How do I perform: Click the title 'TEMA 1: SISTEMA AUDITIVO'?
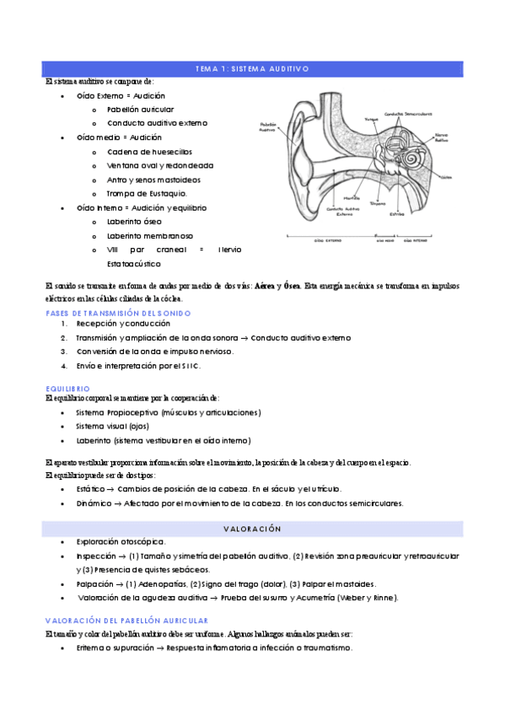[252, 68]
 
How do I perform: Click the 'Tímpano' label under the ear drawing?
[378, 203]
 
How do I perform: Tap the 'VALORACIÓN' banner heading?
[252, 528]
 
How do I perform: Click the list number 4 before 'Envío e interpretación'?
[64, 366]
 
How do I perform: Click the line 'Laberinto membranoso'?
[150, 236]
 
